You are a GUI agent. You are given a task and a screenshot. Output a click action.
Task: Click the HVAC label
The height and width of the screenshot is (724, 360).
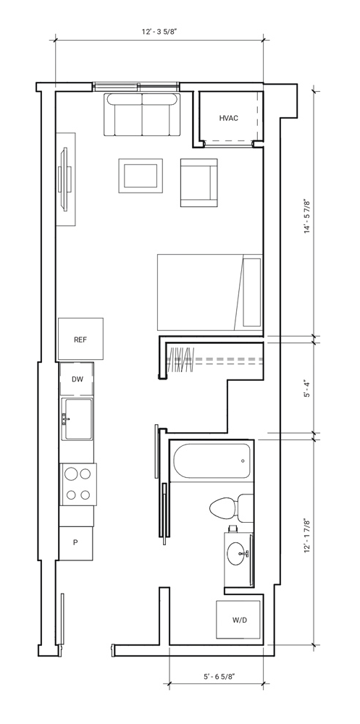tap(229, 118)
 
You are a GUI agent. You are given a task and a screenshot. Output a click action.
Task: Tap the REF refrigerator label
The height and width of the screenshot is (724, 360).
tap(80, 340)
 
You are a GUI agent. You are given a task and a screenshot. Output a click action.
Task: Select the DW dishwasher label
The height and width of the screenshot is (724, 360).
tap(78, 379)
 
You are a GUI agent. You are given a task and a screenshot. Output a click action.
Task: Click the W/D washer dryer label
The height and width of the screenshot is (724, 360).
tap(239, 620)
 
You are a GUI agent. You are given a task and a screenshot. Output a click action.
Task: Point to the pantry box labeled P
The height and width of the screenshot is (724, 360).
tap(76, 543)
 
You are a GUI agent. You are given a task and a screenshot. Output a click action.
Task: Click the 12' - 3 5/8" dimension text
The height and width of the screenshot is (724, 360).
tap(159, 32)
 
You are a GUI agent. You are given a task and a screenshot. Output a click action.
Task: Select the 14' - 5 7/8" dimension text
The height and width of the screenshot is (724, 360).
tap(307, 216)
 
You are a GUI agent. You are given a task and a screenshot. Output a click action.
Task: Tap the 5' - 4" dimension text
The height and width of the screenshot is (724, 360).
tap(307, 390)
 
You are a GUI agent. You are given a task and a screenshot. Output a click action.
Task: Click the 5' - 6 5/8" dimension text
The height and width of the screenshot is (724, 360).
tap(219, 677)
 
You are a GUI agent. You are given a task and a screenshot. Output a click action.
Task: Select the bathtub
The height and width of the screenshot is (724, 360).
tap(212, 460)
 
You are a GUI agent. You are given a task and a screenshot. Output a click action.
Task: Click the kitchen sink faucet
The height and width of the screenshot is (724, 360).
tap(65, 418)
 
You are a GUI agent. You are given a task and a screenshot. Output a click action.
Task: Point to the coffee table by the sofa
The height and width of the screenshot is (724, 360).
tap(141, 175)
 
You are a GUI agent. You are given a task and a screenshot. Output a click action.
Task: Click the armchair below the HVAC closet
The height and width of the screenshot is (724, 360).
tap(198, 183)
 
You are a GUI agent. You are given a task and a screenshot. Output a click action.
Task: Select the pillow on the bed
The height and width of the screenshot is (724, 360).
tap(252, 292)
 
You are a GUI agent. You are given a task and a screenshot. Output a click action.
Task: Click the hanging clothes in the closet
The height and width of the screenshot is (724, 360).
tap(180, 360)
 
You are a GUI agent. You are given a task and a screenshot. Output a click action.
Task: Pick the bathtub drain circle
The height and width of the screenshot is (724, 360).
tap(243, 460)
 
